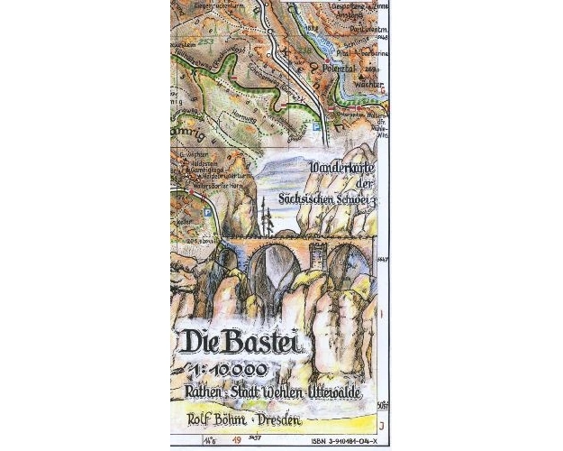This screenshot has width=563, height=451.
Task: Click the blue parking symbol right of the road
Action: (315, 128)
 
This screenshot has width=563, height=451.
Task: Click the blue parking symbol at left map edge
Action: (208, 213)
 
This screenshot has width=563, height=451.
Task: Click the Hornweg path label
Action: (245, 91)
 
